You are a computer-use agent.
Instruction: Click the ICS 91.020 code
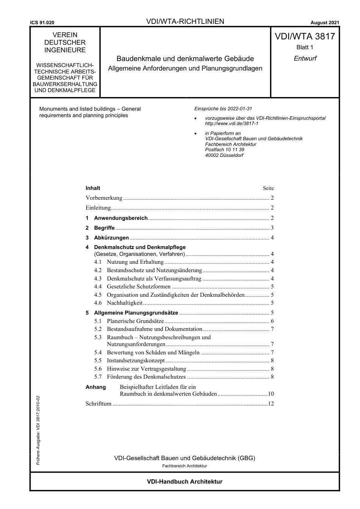click(42, 23)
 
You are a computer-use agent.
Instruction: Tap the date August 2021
click(325, 23)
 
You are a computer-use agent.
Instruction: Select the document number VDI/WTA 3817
click(305, 36)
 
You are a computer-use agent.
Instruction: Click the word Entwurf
click(305, 58)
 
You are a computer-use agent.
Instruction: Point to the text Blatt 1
click(305, 47)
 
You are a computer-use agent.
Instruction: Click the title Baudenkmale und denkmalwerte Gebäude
click(185, 59)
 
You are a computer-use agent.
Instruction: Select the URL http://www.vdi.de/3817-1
click(232, 124)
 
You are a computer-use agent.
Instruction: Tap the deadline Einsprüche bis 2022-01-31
click(223, 109)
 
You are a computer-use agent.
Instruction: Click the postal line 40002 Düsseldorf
click(224, 155)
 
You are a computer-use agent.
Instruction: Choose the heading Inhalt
click(93, 188)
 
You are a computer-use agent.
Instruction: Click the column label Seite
click(268, 188)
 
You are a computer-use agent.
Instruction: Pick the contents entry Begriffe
click(104, 228)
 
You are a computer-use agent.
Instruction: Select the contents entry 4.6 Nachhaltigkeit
click(125, 303)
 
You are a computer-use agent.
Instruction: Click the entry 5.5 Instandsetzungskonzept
click(136, 360)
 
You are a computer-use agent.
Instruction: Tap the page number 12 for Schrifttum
click(271, 404)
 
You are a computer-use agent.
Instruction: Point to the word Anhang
click(95, 387)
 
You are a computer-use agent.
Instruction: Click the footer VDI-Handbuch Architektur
click(185, 482)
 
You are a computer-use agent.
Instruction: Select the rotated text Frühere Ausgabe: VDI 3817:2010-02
click(38, 430)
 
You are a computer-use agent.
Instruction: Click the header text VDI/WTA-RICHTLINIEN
click(185, 22)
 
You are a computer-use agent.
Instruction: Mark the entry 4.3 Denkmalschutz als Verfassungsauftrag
click(154, 279)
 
